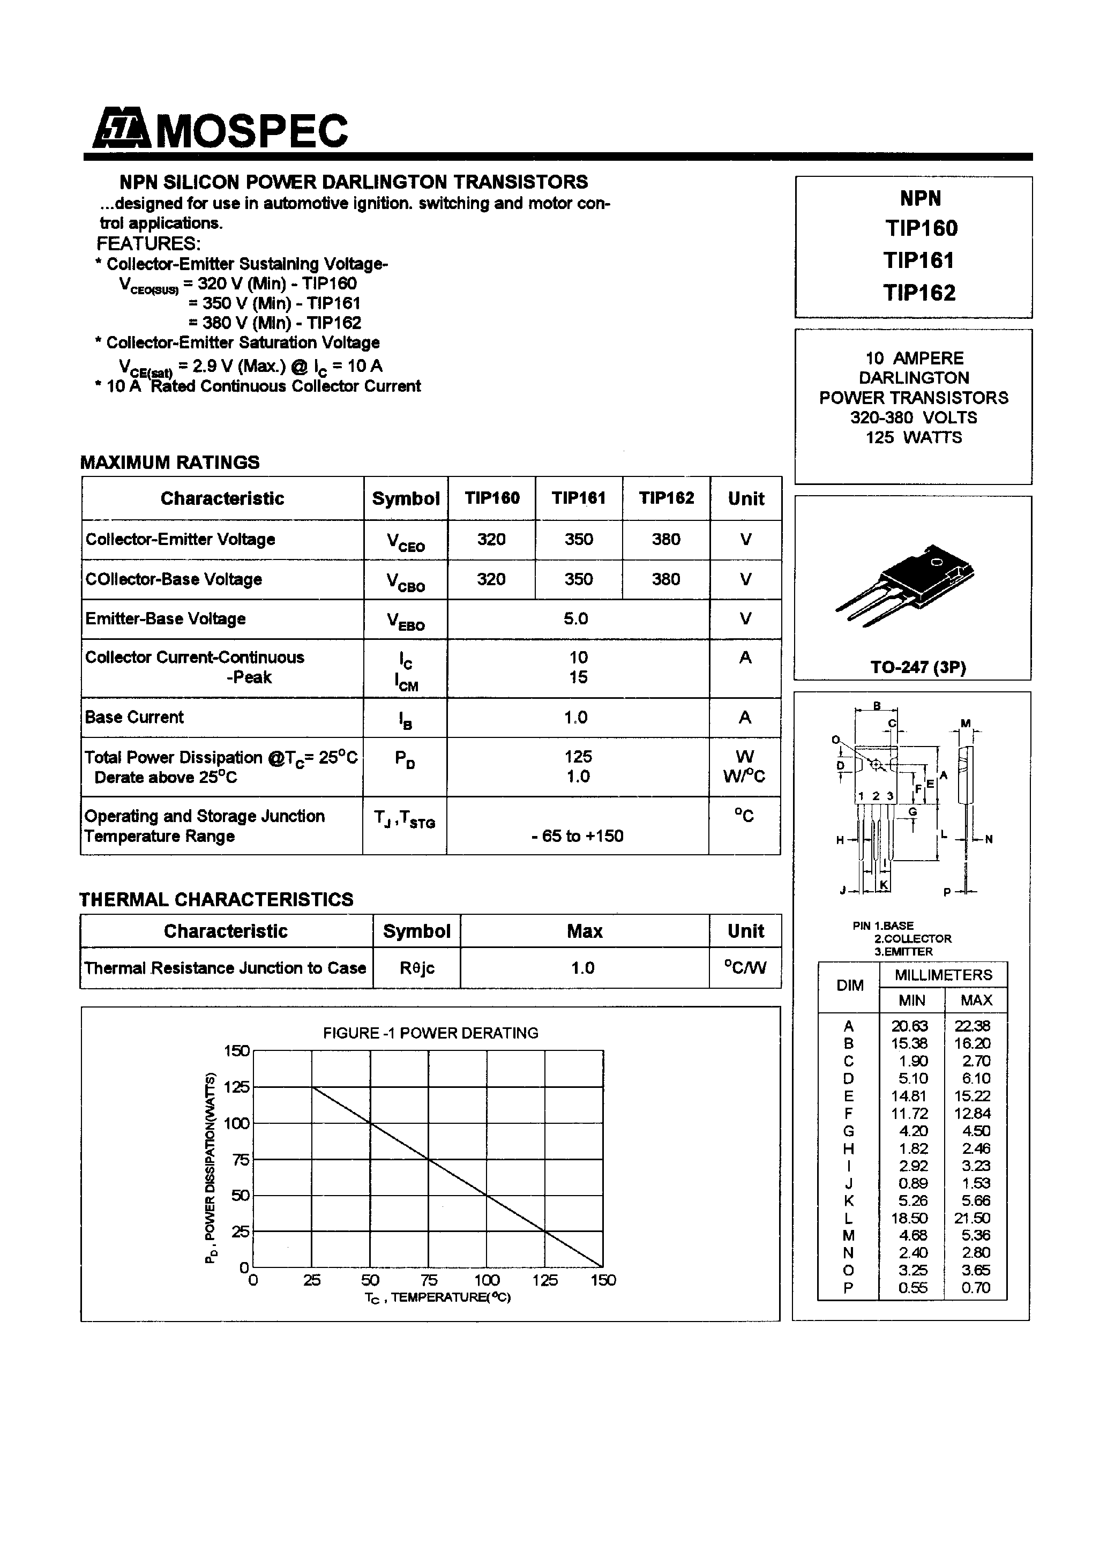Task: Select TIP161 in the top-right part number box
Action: pos(919,260)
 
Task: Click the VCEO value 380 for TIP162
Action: pos(665,539)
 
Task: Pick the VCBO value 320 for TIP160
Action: pos(491,579)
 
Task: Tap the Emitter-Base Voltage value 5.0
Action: pos(576,618)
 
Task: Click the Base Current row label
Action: pos(134,717)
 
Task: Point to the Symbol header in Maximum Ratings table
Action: pos(406,498)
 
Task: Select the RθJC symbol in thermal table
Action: pos(416,968)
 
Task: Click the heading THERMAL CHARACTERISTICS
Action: pos(216,899)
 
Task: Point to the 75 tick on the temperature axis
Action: pos(429,1280)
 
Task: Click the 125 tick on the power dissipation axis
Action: pos(236,1086)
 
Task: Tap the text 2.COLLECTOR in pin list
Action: pos(912,938)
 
